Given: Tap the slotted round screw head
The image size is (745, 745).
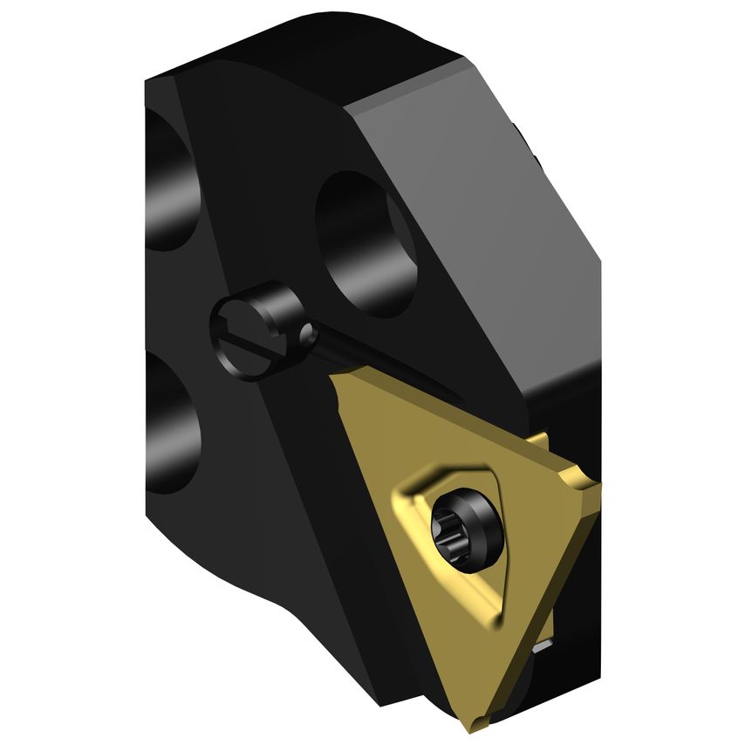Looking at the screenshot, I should tap(245, 326).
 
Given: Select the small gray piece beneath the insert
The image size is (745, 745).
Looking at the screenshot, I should tap(543, 646).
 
